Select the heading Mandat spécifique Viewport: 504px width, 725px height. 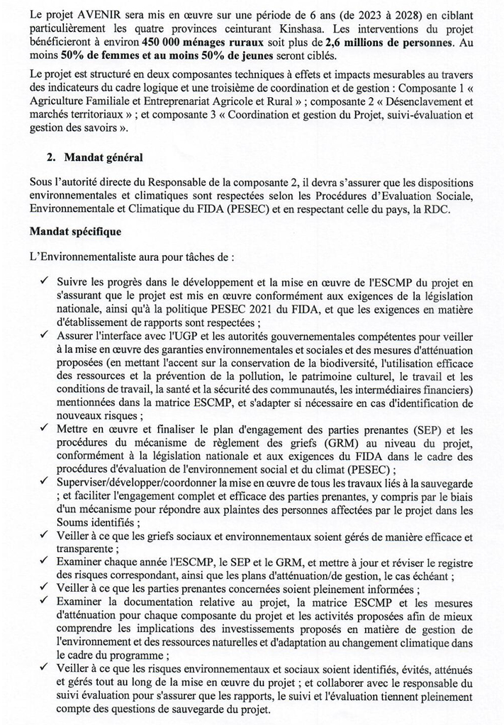76,231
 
